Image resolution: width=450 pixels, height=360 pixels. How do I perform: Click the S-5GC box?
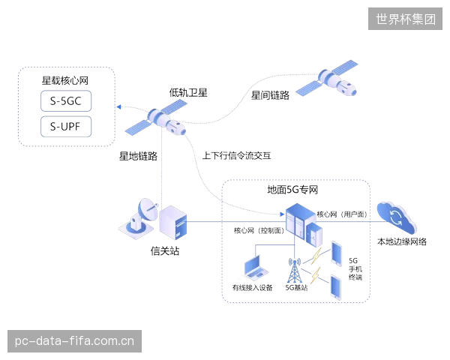(x=66, y=101)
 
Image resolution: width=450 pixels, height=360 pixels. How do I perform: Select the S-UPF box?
(x=66, y=127)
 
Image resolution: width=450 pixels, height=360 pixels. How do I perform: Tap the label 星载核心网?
(x=65, y=81)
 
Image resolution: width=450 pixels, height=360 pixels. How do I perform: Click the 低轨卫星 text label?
(x=188, y=93)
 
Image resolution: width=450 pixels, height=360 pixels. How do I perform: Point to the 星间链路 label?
(x=270, y=95)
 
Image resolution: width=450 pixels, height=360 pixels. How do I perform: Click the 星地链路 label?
(x=138, y=156)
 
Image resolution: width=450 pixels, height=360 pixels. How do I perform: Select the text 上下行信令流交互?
(x=236, y=155)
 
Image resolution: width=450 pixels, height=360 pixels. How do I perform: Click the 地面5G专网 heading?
(x=292, y=190)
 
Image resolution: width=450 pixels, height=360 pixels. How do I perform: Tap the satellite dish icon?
(x=139, y=218)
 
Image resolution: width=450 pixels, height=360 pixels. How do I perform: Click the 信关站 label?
(x=165, y=251)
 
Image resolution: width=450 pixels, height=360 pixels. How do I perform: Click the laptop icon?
(x=256, y=268)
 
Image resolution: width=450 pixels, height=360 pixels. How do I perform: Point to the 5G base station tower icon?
(x=295, y=270)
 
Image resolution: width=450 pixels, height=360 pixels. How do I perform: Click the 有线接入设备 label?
(x=252, y=288)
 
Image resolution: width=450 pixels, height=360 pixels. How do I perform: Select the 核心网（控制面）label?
(x=259, y=230)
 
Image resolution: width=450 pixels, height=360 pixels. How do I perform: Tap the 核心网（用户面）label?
(x=342, y=214)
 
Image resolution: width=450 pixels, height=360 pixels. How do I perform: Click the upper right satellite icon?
(x=327, y=78)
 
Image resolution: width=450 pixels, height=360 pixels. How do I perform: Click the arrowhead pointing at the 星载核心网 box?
(x=119, y=107)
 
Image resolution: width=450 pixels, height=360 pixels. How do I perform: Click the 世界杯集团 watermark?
(x=406, y=19)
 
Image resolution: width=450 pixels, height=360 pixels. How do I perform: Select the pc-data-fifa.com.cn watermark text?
(x=74, y=341)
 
